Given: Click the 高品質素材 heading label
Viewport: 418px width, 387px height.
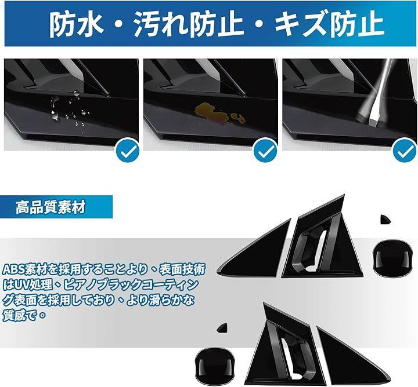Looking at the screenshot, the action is [51, 207].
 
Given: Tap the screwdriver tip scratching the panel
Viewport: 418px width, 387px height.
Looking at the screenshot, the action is [373, 118].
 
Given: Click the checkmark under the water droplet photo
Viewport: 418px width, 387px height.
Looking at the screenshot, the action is [128, 151].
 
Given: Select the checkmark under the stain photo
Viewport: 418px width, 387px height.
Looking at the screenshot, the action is [266, 151].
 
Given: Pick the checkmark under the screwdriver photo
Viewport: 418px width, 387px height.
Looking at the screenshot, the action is [405, 151].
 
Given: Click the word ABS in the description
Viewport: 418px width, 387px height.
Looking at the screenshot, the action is [13, 270].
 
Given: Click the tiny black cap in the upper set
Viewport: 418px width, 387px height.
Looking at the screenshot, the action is [385, 219].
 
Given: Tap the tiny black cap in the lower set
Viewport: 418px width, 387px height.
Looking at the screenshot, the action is [222, 328].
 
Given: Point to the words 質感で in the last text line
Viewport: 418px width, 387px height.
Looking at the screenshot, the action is [19, 316].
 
